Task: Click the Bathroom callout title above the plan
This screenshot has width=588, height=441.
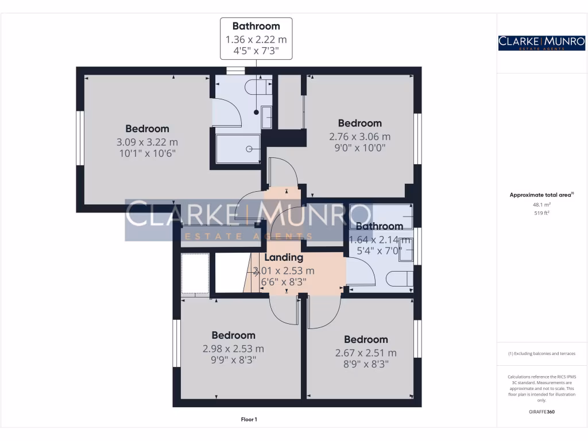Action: (256, 26)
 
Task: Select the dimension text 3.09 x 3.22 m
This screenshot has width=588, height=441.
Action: (147, 142)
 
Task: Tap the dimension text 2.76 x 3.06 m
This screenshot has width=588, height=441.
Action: (359, 137)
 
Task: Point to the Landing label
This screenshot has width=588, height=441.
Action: (283, 258)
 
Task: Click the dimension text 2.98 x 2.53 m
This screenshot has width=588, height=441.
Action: (233, 349)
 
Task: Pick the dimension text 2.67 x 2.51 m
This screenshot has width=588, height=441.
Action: (366, 353)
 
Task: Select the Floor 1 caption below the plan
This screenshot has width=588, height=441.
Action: (249, 420)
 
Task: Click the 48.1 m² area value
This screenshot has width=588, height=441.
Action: (541, 204)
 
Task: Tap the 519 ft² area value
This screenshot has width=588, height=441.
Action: (541, 213)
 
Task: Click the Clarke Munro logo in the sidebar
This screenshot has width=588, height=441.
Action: (541, 42)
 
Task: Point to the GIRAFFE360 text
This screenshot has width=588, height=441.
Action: (541, 412)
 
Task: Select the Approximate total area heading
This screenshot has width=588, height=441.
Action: (540, 195)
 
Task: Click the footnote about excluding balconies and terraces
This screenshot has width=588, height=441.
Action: (541, 354)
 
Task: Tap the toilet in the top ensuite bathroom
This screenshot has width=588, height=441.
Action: (256, 87)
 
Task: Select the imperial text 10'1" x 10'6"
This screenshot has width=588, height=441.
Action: (147, 153)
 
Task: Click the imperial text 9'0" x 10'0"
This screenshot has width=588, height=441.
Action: (359, 148)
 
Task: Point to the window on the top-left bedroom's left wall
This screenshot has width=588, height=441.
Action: (81, 138)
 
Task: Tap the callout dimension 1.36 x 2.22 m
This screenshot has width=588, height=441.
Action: (256, 40)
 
